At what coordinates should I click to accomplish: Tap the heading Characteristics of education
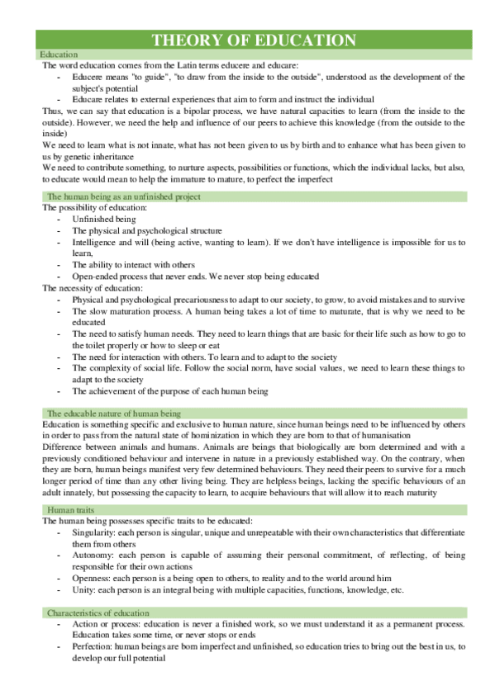tap(98, 613)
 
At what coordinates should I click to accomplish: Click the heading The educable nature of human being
tap(114, 413)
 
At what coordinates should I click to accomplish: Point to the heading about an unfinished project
tap(124, 196)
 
